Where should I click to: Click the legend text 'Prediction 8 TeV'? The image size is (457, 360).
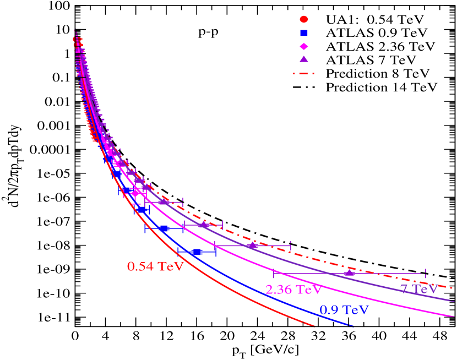(378, 73)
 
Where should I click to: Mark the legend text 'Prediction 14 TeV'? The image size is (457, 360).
(381, 87)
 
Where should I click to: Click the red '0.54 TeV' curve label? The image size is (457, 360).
(155, 266)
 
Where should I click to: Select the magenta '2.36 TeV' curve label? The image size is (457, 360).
(292, 289)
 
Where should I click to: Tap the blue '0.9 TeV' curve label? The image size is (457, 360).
(344, 309)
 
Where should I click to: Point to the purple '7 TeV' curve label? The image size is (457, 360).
(418, 288)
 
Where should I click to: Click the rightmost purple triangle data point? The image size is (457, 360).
(349, 272)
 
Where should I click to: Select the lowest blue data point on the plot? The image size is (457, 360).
(197, 252)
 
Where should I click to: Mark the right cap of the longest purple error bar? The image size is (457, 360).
(425, 273)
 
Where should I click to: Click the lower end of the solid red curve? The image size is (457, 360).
(314, 326)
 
